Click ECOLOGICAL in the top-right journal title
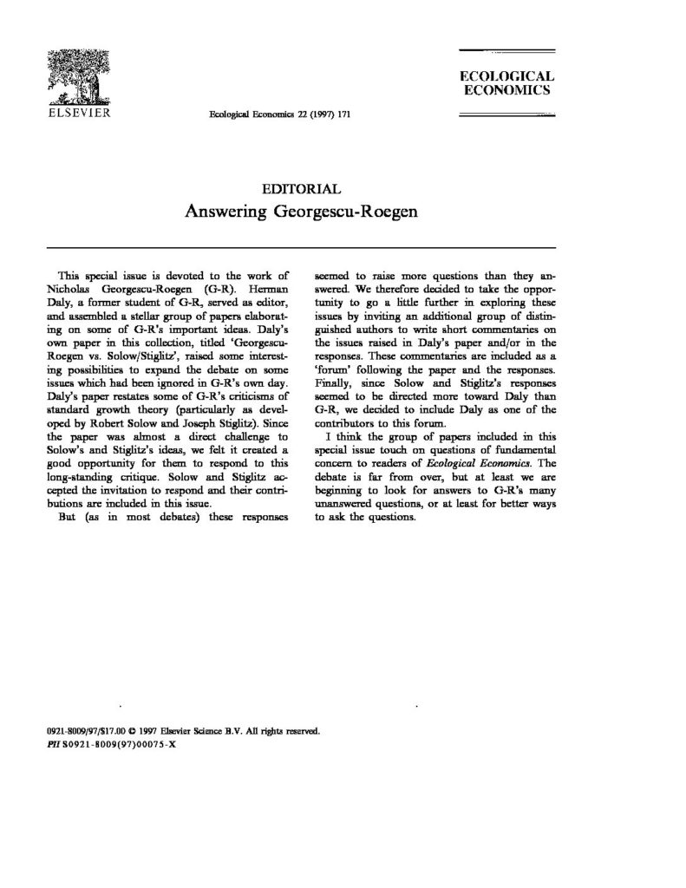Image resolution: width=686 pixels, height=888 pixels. point(506,76)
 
